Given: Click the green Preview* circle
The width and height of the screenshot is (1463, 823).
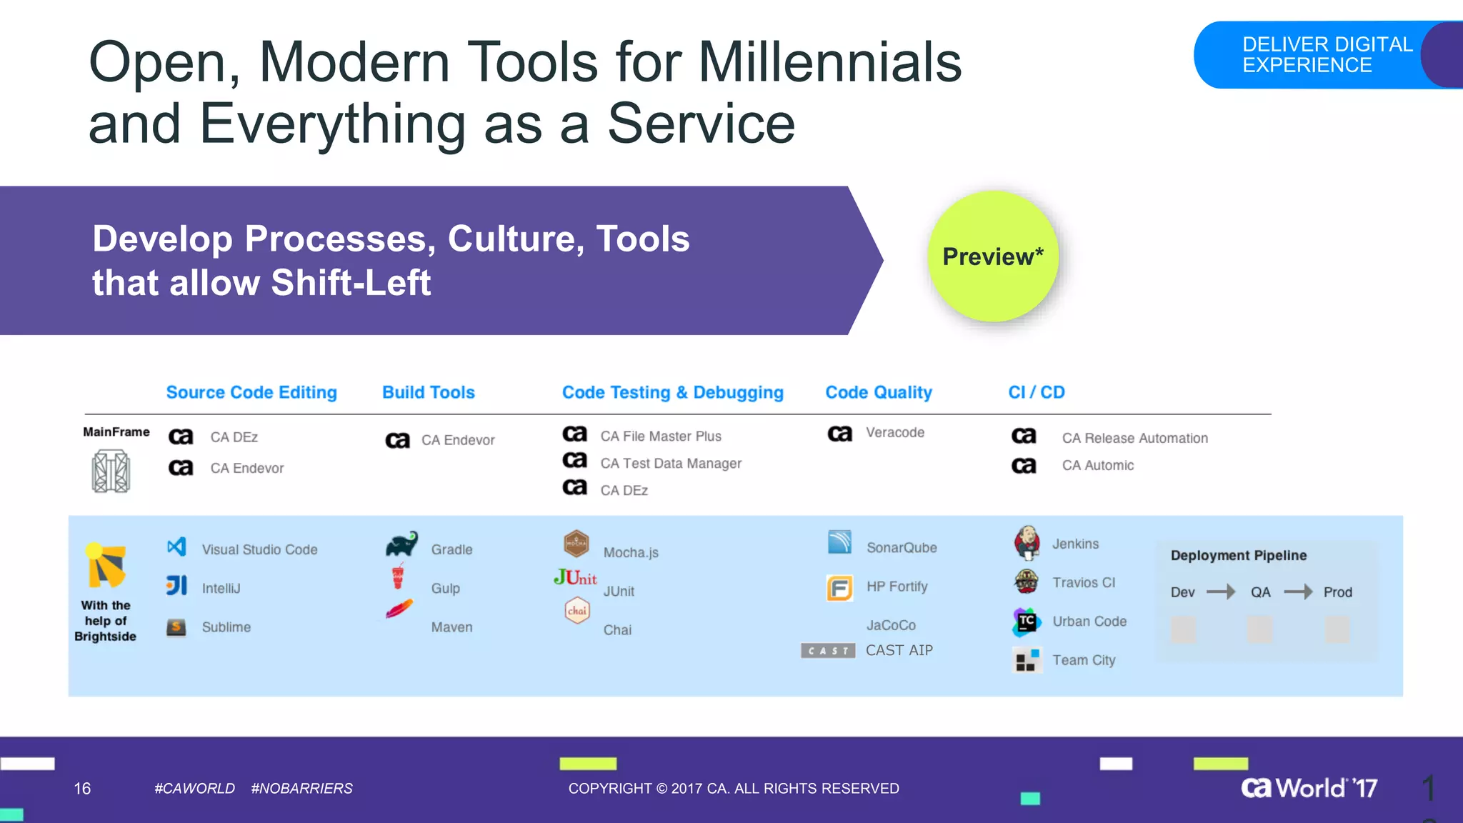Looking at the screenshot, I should [992, 256].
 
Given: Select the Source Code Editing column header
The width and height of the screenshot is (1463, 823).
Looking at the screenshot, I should [251, 392].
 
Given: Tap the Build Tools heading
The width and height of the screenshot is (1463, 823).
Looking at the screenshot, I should [429, 392].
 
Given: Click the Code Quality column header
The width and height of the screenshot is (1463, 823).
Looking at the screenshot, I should [879, 392].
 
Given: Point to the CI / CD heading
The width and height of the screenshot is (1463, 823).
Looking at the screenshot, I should [1037, 392].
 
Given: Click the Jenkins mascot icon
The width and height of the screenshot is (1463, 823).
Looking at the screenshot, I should [1027, 543].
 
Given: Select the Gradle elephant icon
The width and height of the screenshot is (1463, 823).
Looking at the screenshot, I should [401, 544].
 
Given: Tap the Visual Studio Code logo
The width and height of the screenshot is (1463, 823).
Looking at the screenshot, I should [176, 547].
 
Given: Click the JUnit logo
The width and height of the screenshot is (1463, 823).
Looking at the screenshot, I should [575, 577].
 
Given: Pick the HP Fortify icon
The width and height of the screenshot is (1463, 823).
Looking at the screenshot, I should [839, 588].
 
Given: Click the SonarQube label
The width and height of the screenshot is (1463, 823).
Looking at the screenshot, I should [902, 548].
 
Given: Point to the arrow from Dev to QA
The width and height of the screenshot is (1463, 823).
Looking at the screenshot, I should [1221, 592].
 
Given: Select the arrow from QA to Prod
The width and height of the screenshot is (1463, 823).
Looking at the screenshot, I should [1298, 592].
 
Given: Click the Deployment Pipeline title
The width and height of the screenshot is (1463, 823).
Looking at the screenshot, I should [1239, 555].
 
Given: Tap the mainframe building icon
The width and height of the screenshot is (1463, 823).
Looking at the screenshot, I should [111, 471].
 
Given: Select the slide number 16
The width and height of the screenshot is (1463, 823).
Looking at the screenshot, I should [82, 788].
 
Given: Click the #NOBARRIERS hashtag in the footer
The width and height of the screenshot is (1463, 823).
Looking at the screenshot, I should [301, 788].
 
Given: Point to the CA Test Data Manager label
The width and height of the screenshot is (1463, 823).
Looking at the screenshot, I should [671, 464].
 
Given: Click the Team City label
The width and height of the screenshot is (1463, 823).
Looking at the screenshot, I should [1084, 660].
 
